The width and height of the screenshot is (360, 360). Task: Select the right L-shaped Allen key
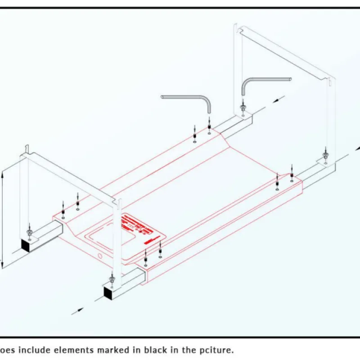pyautogui.click(x=265, y=80)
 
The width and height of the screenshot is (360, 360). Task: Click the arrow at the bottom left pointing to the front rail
pyautogui.click(x=77, y=310)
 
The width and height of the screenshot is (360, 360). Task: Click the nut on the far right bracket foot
pyautogui.click(x=325, y=155)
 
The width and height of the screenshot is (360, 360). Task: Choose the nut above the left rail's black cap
pyautogui.click(x=30, y=232)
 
